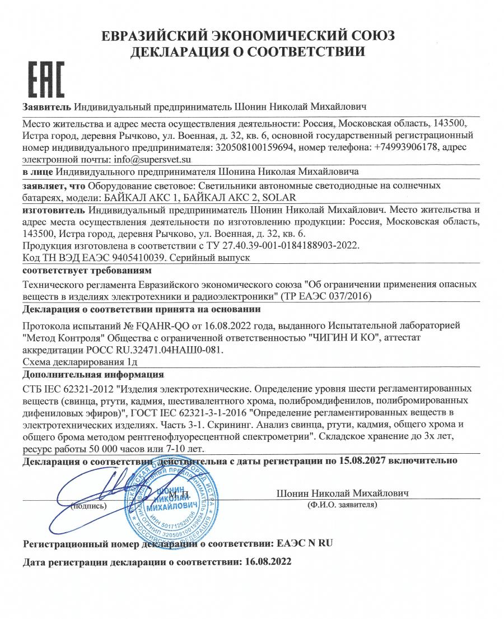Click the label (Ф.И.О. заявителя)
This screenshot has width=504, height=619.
point(342,505)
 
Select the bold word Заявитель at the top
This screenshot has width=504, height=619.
point(46,106)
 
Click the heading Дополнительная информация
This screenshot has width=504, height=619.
point(94,374)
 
